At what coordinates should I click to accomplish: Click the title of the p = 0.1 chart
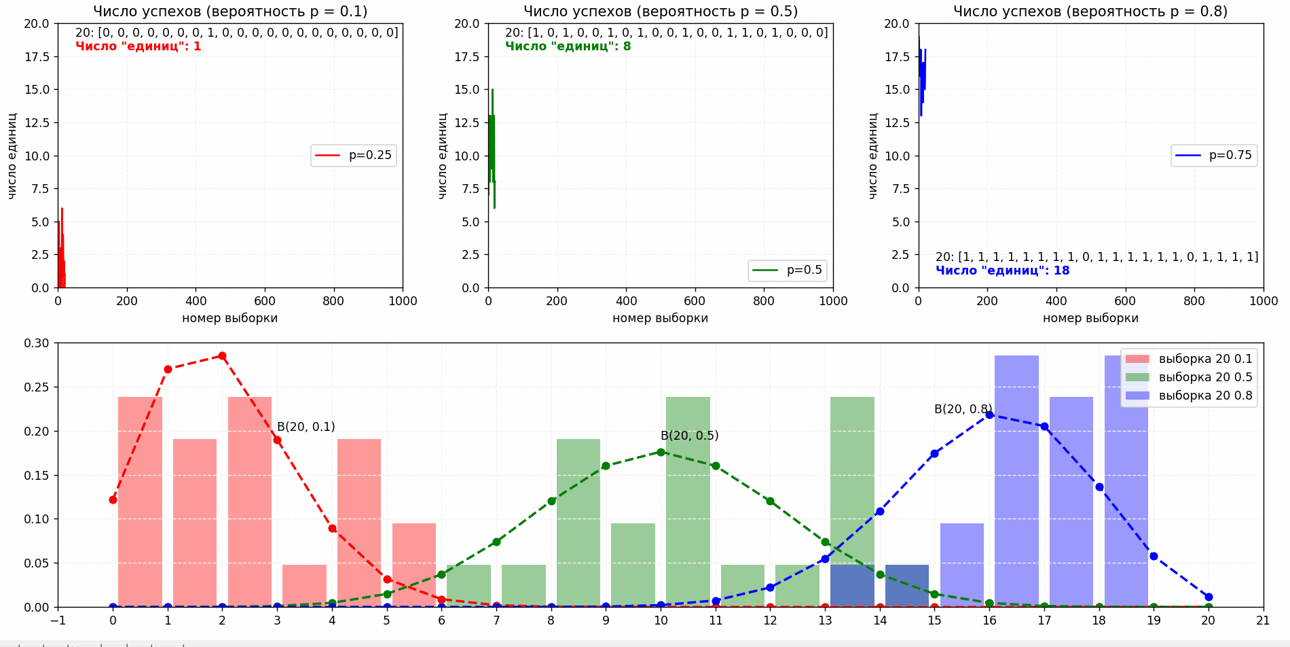pos(230,12)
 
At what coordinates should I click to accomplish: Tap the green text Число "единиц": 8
pos(568,46)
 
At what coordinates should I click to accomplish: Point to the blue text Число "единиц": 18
pos(1002,270)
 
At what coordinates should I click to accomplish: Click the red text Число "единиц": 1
pos(138,46)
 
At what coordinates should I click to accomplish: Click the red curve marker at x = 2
pos(222,355)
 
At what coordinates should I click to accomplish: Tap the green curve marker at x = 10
pos(661,452)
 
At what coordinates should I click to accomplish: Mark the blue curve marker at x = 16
pos(989,415)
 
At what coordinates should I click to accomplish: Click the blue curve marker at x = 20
pos(1209,597)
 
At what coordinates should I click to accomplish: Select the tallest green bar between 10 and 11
pos(688,502)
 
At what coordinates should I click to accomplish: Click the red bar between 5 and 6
pos(414,565)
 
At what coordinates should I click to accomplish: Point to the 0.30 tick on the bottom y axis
pos(37,343)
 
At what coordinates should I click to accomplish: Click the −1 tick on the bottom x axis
pos(58,620)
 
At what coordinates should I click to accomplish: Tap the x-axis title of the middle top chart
pos(660,318)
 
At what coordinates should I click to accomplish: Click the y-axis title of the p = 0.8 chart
pos(873,156)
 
